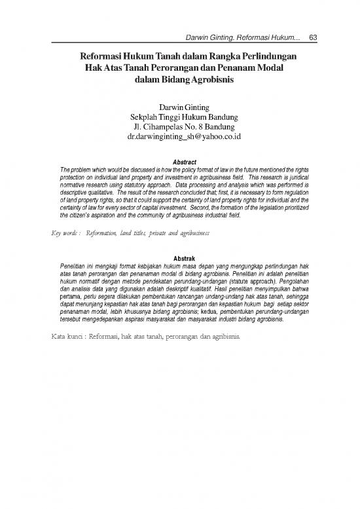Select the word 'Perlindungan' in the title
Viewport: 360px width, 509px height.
(264, 57)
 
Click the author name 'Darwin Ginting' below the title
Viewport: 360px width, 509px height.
(179, 106)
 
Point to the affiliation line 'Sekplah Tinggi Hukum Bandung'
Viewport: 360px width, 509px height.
(179, 117)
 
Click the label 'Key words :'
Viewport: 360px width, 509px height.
(64, 233)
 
